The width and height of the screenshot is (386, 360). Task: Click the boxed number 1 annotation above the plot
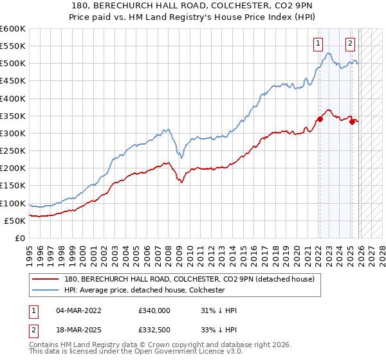(x=318, y=44)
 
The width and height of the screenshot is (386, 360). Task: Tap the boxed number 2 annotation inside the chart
(x=350, y=44)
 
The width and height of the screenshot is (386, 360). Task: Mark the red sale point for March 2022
(x=320, y=119)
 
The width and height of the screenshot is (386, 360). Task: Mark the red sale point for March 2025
(x=352, y=122)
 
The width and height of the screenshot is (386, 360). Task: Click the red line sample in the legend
(x=46, y=279)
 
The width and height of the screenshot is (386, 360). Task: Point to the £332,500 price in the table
(x=154, y=330)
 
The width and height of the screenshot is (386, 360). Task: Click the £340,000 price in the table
(x=154, y=310)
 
